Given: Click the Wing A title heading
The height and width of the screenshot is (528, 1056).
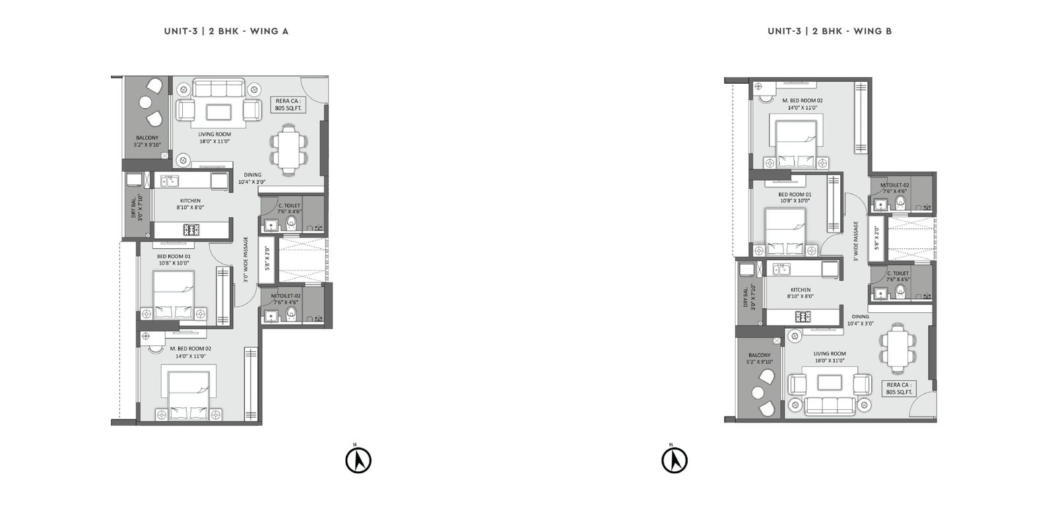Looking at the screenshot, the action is click(x=226, y=31).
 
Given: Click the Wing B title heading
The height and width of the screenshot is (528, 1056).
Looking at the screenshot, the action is click(x=830, y=31).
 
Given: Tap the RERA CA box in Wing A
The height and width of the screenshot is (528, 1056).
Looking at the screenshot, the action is click(x=288, y=105).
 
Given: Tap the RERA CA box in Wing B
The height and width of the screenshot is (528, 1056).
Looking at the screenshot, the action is click(x=899, y=389).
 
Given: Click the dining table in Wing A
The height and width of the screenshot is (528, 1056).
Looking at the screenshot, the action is click(x=288, y=149).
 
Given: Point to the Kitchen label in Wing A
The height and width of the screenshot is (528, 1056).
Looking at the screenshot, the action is click(x=190, y=201).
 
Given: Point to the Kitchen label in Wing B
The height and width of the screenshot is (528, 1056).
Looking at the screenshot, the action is click(x=801, y=290).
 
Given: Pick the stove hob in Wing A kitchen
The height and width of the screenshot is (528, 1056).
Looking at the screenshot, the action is click(x=191, y=230).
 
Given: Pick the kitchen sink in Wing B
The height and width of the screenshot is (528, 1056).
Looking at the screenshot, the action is click(x=781, y=269).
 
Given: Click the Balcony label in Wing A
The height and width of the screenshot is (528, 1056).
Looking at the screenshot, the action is click(x=147, y=138).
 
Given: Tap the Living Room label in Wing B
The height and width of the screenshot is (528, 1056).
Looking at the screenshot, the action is click(x=829, y=354).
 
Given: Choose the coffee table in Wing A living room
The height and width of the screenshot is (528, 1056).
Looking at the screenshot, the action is click(x=218, y=113).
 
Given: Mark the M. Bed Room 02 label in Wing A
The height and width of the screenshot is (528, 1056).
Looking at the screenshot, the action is click(x=191, y=349).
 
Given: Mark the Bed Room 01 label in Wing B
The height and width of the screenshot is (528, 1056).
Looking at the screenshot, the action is click(x=795, y=194).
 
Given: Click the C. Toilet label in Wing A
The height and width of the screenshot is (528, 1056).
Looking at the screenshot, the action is click(x=289, y=205).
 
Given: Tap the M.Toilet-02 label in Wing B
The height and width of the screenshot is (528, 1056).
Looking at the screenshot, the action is click(x=895, y=185).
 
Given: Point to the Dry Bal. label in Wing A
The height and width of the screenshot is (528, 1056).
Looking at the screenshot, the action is click(x=134, y=208).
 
